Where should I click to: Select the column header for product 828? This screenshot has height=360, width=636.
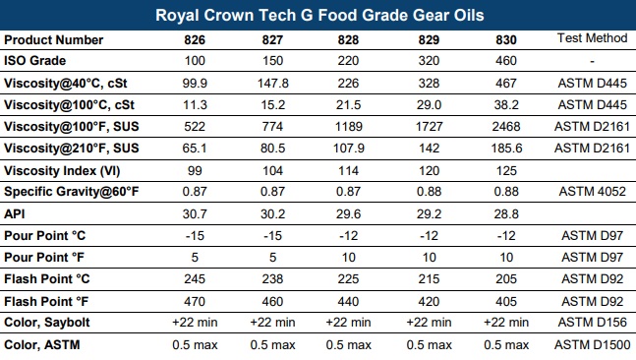click(350, 39)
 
